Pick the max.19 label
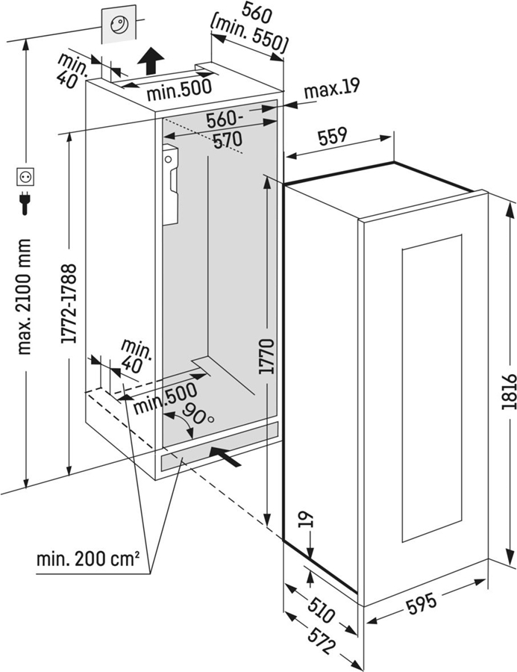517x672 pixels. (331, 88)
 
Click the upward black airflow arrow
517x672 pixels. (151, 59)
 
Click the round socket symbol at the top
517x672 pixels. (121, 25)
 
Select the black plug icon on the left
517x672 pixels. (25, 203)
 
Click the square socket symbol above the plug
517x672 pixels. (25, 177)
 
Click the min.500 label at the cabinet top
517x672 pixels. (178, 91)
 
